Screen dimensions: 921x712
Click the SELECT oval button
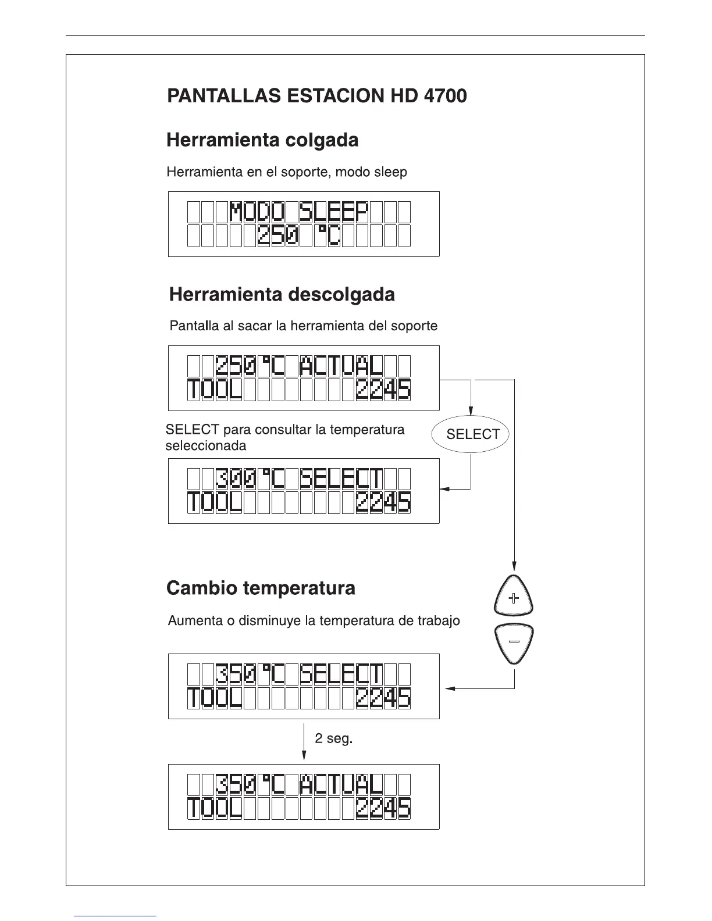click(x=470, y=434)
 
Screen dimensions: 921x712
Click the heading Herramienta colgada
click(x=262, y=141)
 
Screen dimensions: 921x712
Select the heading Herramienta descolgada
click(x=282, y=295)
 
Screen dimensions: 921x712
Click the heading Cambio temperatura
click(x=261, y=588)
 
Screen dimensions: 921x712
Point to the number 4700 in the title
click(x=445, y=96)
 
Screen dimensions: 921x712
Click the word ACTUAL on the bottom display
click(x=341, y=786)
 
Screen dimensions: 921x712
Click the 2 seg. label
click(x=334, y=739)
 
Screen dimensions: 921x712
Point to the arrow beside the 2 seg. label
click(x=304, y=741)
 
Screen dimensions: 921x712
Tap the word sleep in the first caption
click(x=391, y=172)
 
